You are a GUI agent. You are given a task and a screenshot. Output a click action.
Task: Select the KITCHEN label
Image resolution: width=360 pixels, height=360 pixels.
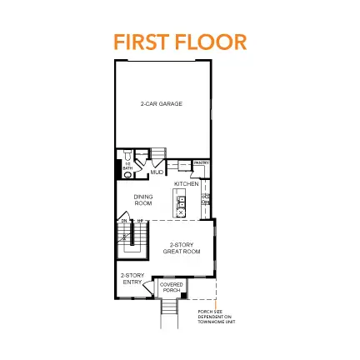coord(186,183)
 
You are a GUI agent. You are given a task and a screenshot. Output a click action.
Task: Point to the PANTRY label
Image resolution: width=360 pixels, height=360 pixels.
coord(201,163)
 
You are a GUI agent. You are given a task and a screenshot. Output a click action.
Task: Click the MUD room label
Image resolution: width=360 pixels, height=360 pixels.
coord(157,172)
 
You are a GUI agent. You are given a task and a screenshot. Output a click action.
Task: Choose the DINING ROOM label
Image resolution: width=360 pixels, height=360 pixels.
coord(142,200)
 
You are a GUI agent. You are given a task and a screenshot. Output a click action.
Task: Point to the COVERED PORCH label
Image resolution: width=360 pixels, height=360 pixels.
coord(171,287)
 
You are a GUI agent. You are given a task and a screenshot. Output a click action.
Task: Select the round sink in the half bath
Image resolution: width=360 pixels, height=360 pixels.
coord(127,174)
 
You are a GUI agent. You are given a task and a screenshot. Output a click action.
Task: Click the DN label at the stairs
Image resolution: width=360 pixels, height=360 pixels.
coord(125,220)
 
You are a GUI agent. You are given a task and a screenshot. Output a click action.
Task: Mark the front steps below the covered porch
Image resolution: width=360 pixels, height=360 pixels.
coord(170,309)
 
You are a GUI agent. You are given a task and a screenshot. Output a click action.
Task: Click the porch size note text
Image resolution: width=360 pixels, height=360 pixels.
coord(212,316)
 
